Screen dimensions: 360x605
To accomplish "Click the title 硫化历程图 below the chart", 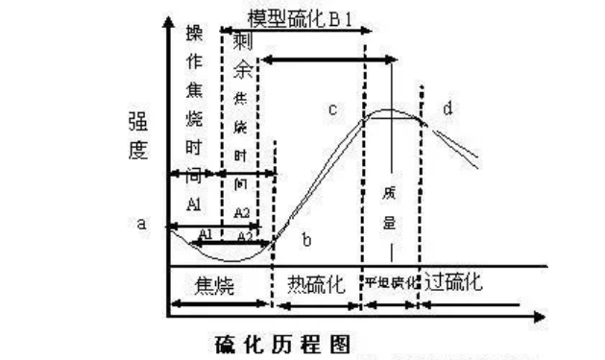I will click(279, 343).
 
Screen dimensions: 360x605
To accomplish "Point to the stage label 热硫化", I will click(315, 284).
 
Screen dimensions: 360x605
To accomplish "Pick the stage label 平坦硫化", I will click(389, 285).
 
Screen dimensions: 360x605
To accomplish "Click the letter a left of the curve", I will click(141, 224).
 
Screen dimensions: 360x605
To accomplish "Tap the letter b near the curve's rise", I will click(306, 237).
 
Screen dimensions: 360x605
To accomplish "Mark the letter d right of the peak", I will click(448, 108).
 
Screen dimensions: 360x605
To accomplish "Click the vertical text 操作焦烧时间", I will click(193, 106).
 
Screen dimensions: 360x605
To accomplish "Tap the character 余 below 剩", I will click(244, 71).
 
